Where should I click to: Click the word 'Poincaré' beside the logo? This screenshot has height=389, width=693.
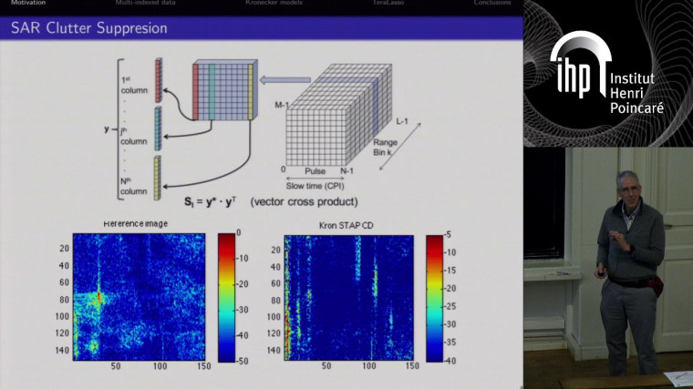click(638, 108)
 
